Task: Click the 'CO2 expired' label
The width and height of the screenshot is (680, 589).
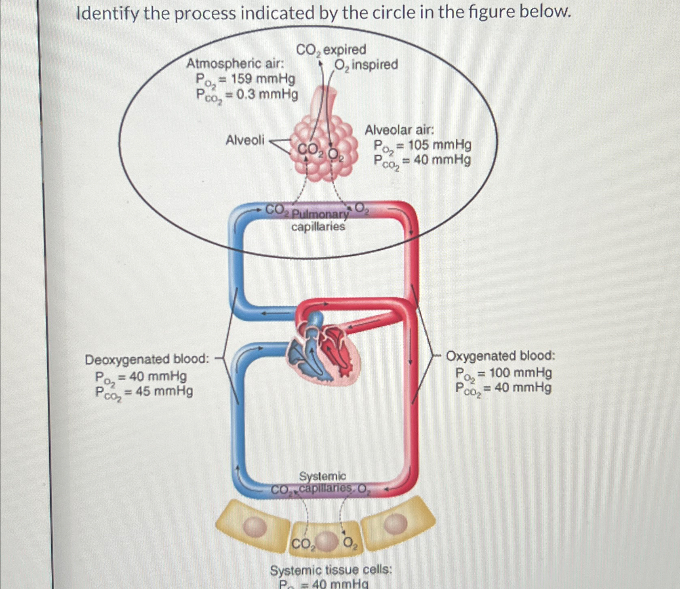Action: point(331,50)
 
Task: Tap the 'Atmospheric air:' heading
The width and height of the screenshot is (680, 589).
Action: point(235,64)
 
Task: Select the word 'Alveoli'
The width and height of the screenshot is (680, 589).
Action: point(245,140)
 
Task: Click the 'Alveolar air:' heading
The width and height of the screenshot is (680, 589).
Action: point(399,130)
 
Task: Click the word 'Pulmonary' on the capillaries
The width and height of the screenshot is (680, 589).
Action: point(320,214)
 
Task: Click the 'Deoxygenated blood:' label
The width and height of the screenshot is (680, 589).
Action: point(147,359)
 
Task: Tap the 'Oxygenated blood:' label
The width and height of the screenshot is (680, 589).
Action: point(500,356)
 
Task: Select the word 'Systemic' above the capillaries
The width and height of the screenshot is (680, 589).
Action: point(322,476)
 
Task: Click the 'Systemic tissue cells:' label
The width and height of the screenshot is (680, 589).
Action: point(331,570)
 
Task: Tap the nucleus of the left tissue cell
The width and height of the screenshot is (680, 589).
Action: point(255,526)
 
